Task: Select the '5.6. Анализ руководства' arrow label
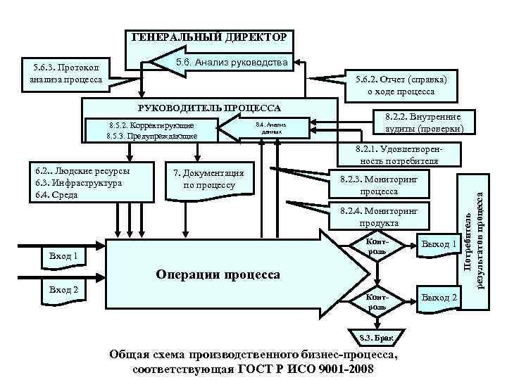coord(231,62)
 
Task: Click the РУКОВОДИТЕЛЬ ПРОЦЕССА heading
coord(209,108)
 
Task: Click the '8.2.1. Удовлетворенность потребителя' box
coord(399,155)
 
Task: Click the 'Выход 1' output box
coord(439,244)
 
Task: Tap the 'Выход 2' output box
coord(439,298)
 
